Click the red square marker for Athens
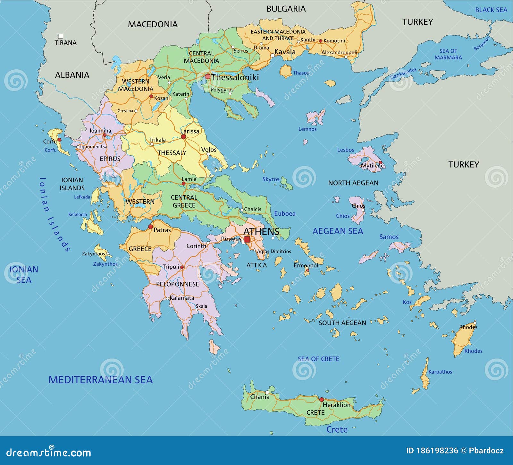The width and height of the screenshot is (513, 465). tap(247, 239)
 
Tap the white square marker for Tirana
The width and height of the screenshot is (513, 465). tap(60, 36)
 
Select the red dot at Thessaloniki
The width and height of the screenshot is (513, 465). tap(208, 76)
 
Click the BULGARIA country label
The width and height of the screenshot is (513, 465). tap(286, 9)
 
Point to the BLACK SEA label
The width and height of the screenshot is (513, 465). tap(491, 10)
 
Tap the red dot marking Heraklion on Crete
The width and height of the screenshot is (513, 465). tap(321, 400)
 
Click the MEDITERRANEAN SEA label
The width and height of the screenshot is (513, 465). tap(100, 380)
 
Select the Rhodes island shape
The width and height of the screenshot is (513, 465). tap(463, 339)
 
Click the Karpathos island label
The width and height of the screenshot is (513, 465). tap(440, 372)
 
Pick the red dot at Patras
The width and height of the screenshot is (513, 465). tap(150, 227)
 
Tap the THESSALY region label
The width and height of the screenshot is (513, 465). tap(172, 153)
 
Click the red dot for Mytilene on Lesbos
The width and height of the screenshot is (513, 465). tap(381, 163)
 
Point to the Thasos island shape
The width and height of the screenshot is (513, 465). tap(285, 71)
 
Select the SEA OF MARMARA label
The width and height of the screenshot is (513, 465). tap(448, 54)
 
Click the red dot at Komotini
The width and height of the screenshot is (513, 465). tap(320, 41)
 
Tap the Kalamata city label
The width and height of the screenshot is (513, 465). tap(182, 298)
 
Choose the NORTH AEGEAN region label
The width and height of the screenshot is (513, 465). tap(353, 183)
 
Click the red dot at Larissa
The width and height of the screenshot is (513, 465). tap(183, 137)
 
